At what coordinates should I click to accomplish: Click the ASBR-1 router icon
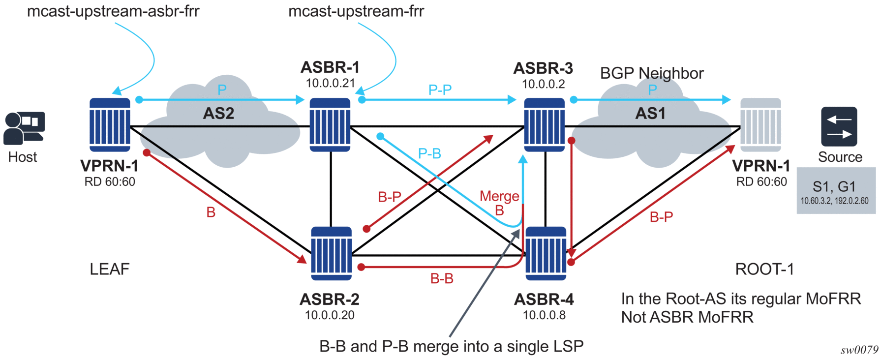click(330, 124)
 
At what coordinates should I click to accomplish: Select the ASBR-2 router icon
click(332, 253)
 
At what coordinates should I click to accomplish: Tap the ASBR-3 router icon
click(544, 124)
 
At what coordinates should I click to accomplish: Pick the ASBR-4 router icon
click(546, 253)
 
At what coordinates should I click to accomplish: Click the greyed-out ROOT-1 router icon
click(760, 124)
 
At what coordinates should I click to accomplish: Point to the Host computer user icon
click(24, 128)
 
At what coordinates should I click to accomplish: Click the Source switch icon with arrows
click(839, 127)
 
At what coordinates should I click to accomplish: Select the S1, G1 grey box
click(836, 190)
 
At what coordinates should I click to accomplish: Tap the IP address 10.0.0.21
click(330, 84)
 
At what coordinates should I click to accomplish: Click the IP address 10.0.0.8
click(544, 315)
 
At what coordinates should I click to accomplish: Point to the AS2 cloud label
click(218, 114)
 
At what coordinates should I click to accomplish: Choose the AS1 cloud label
click(650, 114)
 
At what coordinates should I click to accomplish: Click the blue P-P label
click(440, 90)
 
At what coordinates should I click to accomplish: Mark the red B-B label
click(442, 279)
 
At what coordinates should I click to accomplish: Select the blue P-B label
click(429, 154)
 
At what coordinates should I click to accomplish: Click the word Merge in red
click(499, 196)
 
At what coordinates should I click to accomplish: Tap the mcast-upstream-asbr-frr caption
click(113, 11)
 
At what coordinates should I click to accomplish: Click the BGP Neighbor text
click(652, 73)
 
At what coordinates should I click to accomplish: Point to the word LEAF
click(109, 269)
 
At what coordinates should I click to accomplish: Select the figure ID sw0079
click(859, 350)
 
